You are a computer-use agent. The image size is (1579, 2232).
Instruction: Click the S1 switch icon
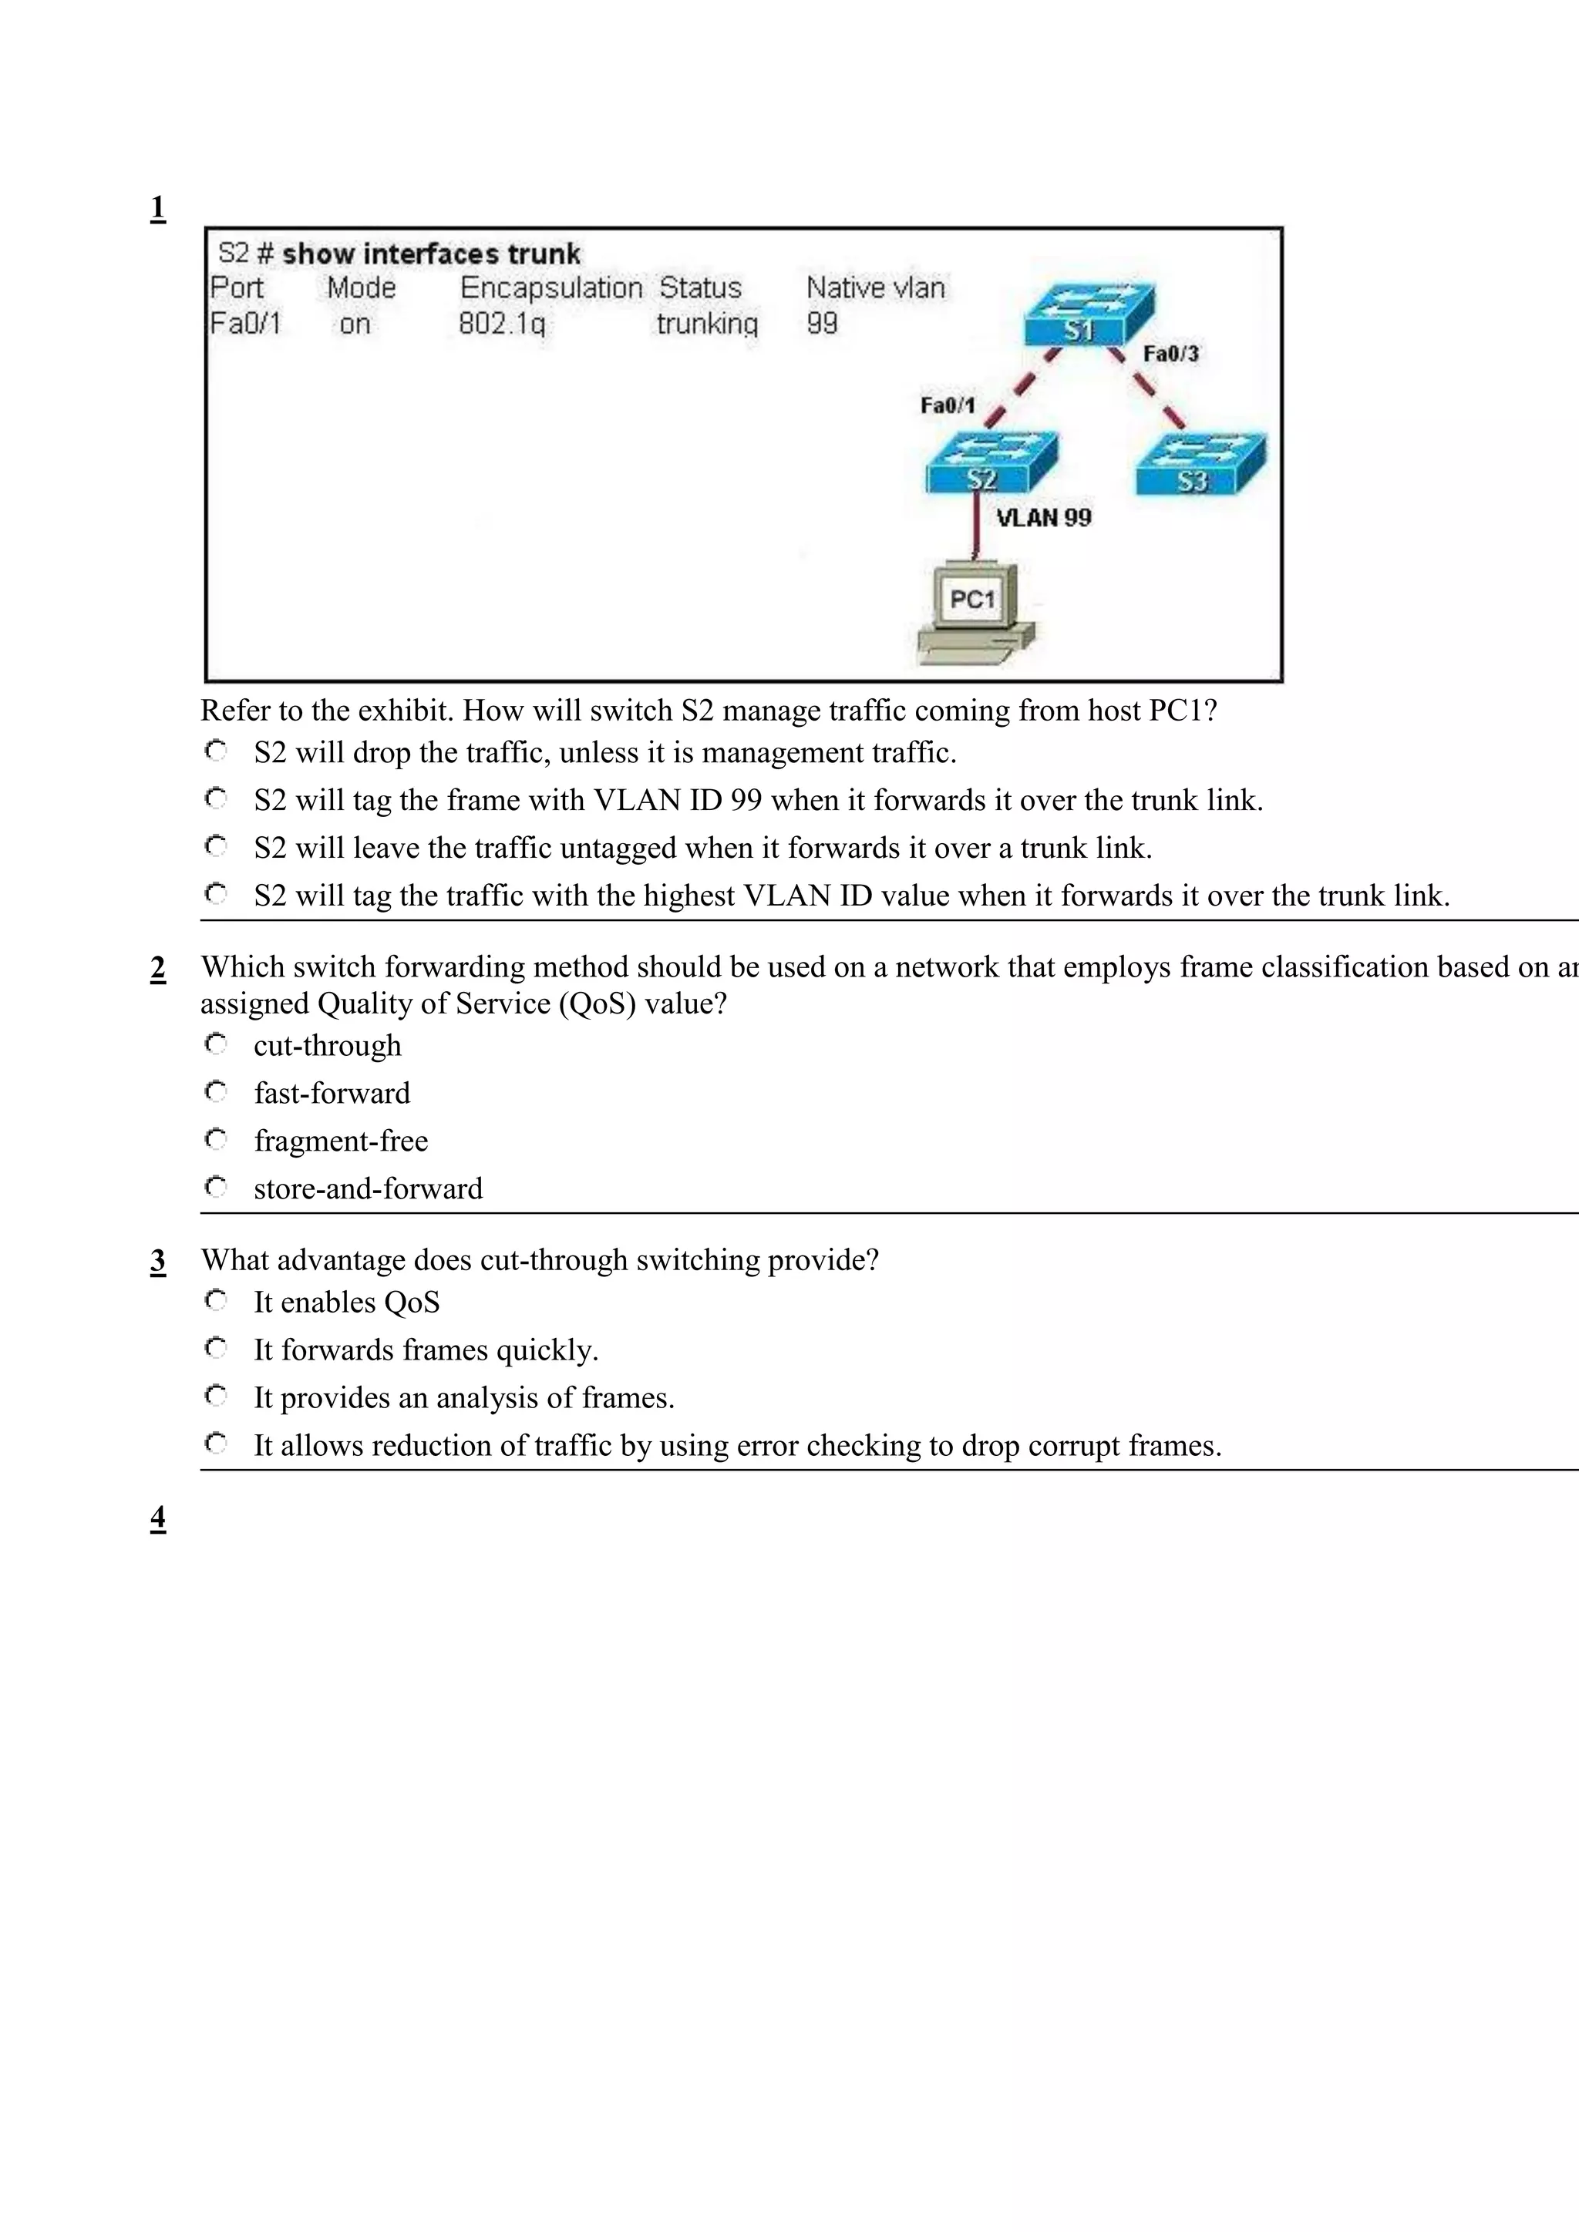pyautogui.click(x=1088, y=314)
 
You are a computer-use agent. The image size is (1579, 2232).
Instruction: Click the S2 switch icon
pyautogui.click(x=991, y=462)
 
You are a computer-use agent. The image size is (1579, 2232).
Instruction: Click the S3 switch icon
pyautogui.click(x=1200, y=465)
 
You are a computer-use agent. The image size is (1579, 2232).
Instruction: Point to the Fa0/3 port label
pyautogui.click(x=1170, y=354)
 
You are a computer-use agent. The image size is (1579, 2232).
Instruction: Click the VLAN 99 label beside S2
pyautogui.click(x=1043, y=517)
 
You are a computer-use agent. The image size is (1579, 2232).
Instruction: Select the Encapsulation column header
pyautogui.click(x=550, y=287)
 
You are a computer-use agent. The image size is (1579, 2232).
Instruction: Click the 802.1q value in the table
pyautogui.click(x=502, y=324)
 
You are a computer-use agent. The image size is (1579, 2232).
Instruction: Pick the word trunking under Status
pyautogui.click(x=706, y=324)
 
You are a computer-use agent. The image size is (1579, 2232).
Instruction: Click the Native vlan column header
pyautogui.click(x=875, y=287)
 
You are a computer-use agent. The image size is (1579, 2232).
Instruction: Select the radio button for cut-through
pyautogui.click(x=216, y=1044)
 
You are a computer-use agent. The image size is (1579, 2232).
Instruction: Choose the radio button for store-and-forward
pyautogui.click(x=216, y=1187)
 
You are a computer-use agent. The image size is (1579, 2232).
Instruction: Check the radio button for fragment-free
pyautogui.click(x=216, y=1139)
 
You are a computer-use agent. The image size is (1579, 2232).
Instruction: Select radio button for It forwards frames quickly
pyautogui.click(x=216, y=1348)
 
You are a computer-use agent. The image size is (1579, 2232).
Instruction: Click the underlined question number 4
pyautogui.click(x=157, y=1518)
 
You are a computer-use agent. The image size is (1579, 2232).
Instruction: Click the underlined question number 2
pyautogui.click(x=157, y=968)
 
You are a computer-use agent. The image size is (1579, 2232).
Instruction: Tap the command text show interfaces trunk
pyautogui.click(x=431, y=254)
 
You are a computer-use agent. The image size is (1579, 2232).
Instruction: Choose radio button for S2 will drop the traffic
pyautogui.click(x=216, y=751)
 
